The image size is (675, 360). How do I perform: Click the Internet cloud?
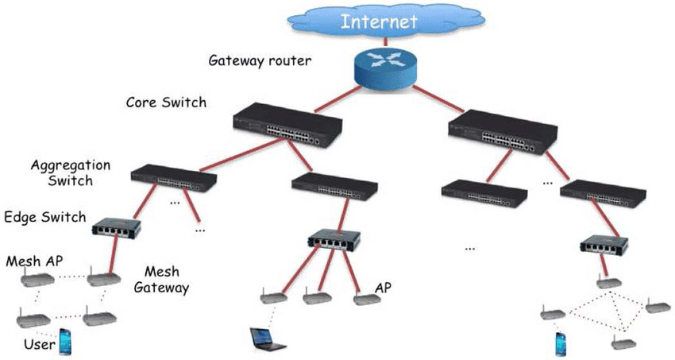point(386,21)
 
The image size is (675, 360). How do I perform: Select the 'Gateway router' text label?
point(260,60)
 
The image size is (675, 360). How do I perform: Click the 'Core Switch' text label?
point(166,103)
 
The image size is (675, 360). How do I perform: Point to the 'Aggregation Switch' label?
point(71,172)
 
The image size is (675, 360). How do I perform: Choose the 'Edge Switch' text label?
point(45,217)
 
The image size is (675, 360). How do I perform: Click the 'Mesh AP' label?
point(34,261)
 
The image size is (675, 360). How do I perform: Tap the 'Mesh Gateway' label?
point(161,280)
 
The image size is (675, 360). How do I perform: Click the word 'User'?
point(40,344)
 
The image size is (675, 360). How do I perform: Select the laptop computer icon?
point(268,339)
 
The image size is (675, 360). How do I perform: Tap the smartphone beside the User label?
point(65,342)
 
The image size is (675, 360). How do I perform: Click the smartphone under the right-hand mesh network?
point(561,344)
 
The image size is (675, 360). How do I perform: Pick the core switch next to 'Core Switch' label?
point(287,125)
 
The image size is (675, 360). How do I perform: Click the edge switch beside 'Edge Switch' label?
point(116,226)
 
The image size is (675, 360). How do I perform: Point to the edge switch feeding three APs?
point(334,238)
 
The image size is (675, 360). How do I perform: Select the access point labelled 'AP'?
point(367,298)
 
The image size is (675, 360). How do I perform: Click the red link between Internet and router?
point(385,41)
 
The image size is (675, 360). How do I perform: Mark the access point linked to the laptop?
point(274,296)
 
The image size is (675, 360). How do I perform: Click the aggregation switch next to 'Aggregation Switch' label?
point(174,178)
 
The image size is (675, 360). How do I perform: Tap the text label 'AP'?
point(383,288)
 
